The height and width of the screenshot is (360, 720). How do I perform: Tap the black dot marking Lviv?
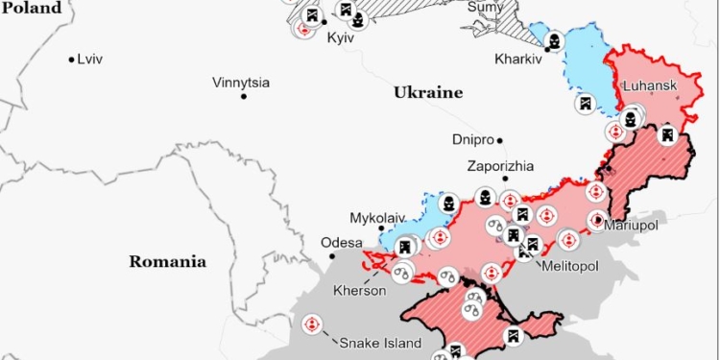71,60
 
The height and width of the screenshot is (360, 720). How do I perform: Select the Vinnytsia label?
241,83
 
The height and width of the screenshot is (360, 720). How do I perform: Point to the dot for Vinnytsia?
244,96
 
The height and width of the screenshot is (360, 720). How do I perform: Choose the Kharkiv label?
518,59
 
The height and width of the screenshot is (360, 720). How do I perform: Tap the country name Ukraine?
427,93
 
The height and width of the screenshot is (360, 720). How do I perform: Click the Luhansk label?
650,85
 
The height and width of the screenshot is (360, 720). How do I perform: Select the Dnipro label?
472,139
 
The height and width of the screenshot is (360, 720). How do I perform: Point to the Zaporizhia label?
501,165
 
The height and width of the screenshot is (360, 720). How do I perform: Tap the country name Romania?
168,260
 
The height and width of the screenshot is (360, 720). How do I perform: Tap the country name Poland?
31,8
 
